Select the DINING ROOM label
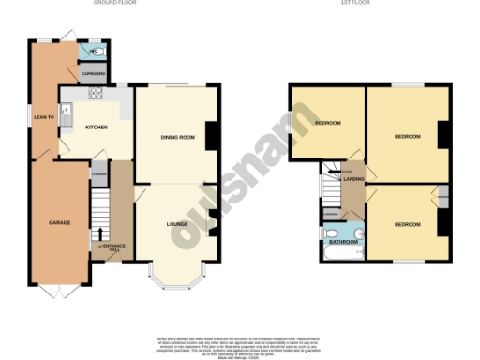click(x=177, y=138)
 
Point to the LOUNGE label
click(x=177, y=224)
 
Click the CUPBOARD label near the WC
click(x=93, y=72)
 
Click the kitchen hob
click(x=95, y=93)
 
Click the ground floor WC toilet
click(x=97, y=51)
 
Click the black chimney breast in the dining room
click(x=212, y=136)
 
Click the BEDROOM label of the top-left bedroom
click(x=327, y=123)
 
